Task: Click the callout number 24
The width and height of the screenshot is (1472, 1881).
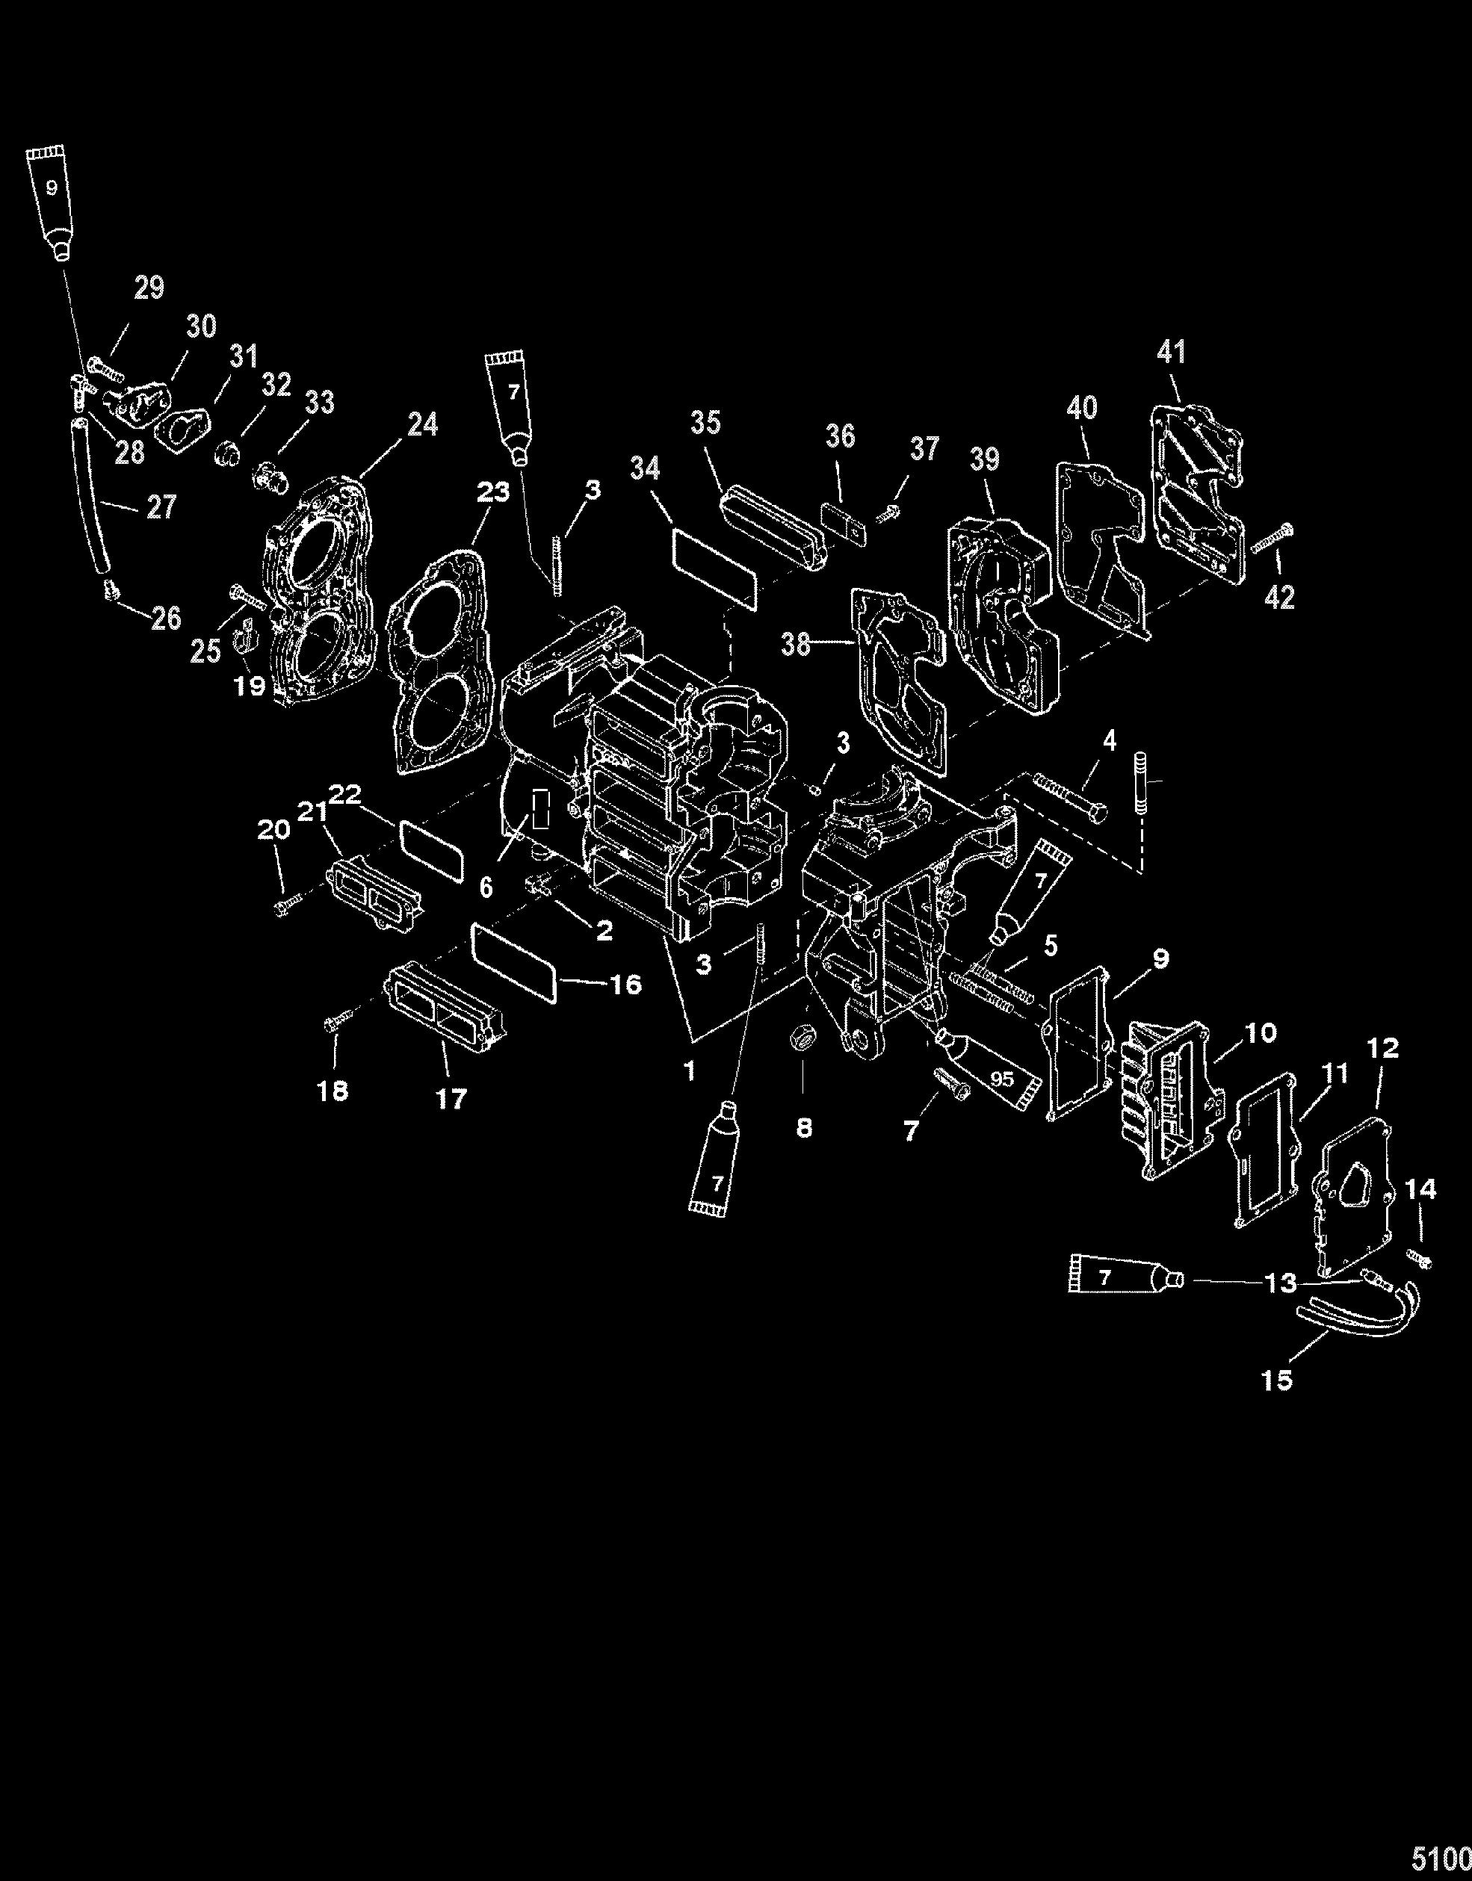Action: (x=422, y=424)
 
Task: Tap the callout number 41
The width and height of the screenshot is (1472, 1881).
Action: (x=1171, y=352)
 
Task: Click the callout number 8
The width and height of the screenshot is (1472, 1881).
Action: (x=804, y=1128)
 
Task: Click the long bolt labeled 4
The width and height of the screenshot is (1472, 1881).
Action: (x=1062, y=797)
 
